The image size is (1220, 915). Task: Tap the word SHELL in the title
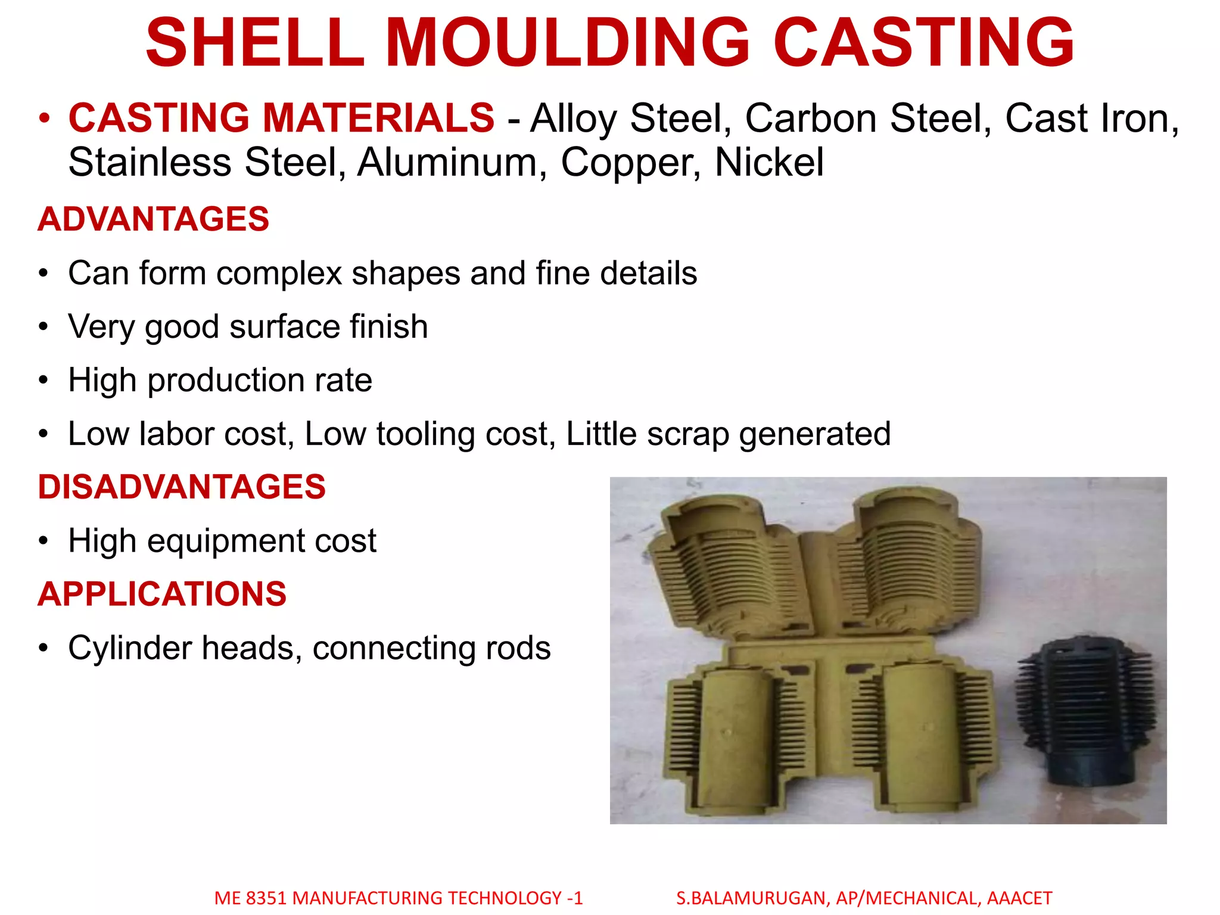[x=255, y=43]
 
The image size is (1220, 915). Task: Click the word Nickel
[x=769, y=162]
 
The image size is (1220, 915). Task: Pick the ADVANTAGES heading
[x=154, y=219]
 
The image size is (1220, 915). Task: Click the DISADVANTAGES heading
[x=182, y=487]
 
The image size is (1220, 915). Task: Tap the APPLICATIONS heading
[x=162, y=594]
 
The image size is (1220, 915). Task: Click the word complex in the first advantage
[x=279, y=274]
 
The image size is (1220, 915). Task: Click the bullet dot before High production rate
[x=43, y=381]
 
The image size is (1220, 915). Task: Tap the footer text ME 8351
[x=250, y=898]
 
